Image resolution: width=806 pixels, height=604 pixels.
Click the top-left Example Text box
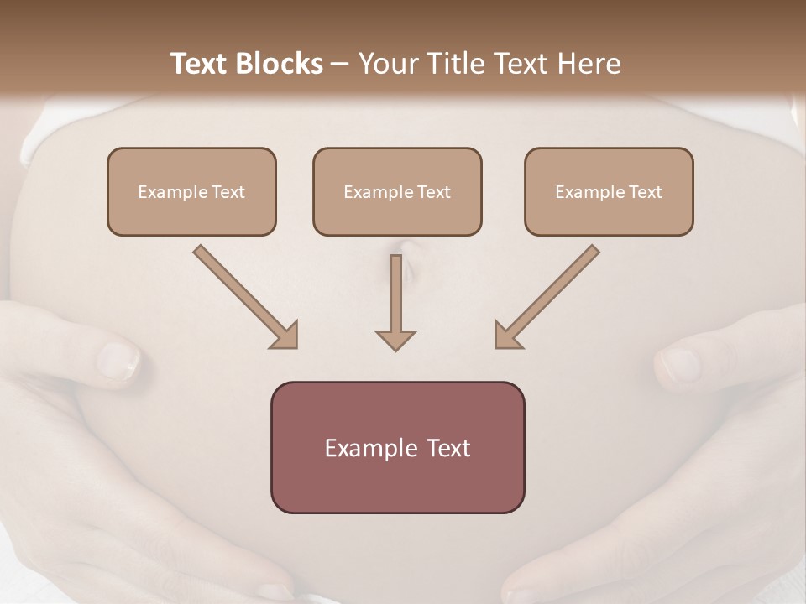coord(191,191)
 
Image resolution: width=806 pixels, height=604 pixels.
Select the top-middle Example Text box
coord(397,191)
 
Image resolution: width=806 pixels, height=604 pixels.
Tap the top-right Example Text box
coord(609,191)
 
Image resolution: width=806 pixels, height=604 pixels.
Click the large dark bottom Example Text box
coord(397,447)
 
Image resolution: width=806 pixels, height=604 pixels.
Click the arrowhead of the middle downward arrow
coord(395,340)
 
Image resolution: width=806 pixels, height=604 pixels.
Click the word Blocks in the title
coord(279,64)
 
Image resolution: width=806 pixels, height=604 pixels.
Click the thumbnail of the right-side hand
coord(680,364)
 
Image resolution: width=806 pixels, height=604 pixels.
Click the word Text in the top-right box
coord(645,191)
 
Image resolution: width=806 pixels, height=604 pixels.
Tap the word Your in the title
coord(385,64)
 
